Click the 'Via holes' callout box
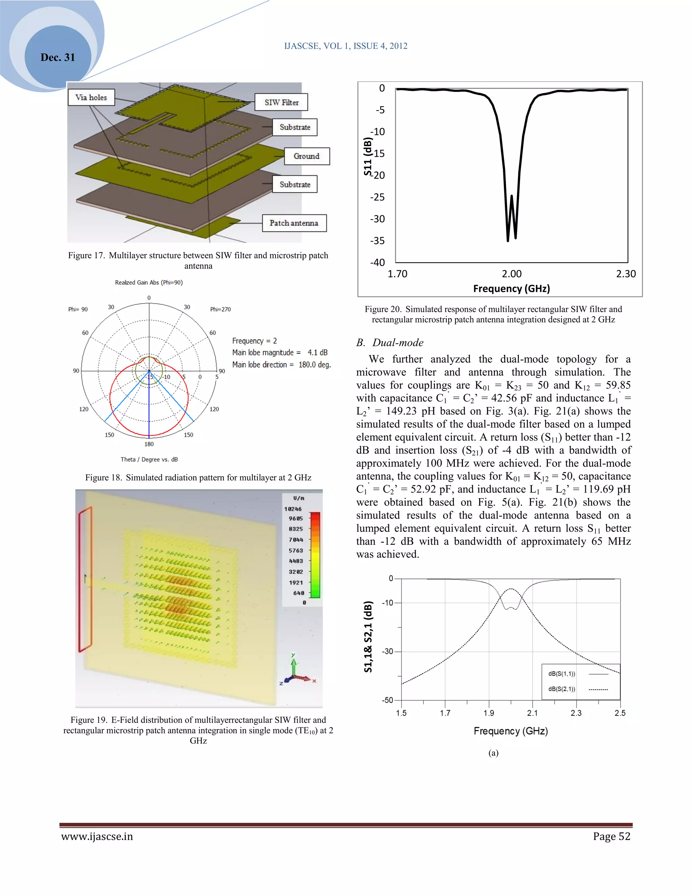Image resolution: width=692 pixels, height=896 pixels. [91, 97]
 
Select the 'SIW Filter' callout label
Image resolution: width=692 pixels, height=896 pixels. [281, 102]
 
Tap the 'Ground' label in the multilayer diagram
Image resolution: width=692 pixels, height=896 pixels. [307, 156]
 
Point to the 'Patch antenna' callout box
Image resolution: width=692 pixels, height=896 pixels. [294, 223]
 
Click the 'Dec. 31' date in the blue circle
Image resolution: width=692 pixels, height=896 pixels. [58, 57]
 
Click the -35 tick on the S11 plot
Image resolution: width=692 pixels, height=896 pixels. [377, 240]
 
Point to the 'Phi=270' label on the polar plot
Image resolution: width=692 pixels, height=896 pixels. [220, 309]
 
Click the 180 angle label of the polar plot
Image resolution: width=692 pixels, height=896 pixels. [149, 444]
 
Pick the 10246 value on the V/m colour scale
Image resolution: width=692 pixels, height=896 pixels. [293, 509]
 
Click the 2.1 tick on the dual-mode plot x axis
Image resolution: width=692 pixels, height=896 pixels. [533, 713]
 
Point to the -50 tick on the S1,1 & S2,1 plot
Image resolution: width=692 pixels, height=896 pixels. [388, 700]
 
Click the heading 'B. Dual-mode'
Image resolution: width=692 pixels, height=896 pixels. [390, 343]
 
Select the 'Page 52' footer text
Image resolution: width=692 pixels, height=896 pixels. [611, 836]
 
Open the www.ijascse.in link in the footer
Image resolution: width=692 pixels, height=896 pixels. [97, 836]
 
